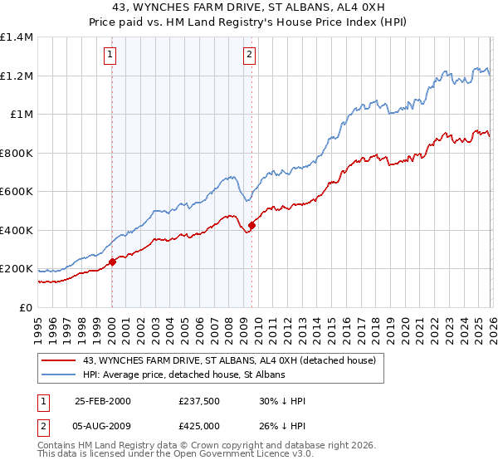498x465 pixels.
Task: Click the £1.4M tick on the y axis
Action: click(17, 37)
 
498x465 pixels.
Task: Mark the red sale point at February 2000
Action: click(112, 262)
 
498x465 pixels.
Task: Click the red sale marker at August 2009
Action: click(251, 225)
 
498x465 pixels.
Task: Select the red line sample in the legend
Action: click(59, 360)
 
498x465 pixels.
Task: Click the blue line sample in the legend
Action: click(59, 375)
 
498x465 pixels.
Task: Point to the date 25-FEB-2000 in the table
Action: click(103, 401)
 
